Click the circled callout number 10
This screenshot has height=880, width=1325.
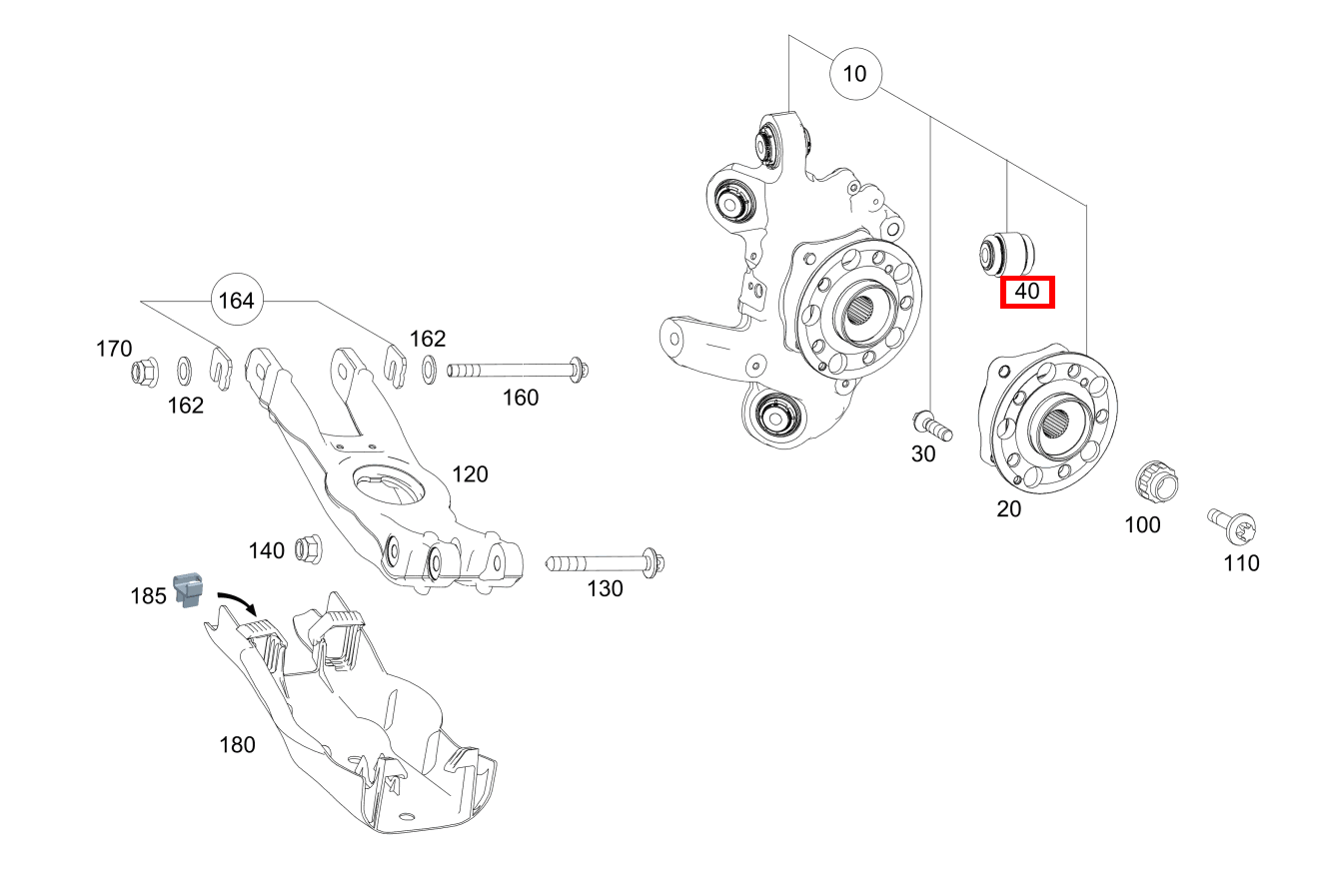coord(855,74)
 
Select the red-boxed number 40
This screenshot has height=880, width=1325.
coord(1027,292)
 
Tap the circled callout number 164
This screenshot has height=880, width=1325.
coord(236,301)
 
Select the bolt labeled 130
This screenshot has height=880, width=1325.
coord(604,563)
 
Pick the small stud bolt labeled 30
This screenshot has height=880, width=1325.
coord(932,424)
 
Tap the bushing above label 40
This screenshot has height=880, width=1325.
coord(1006,252)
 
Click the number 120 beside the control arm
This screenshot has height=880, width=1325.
coord(470,473)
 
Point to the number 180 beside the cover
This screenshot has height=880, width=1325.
coord(237,744)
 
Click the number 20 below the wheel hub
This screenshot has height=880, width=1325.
coord(1009,508)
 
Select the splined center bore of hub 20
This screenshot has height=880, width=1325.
coord(1058,423)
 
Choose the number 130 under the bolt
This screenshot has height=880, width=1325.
coord(605,588)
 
